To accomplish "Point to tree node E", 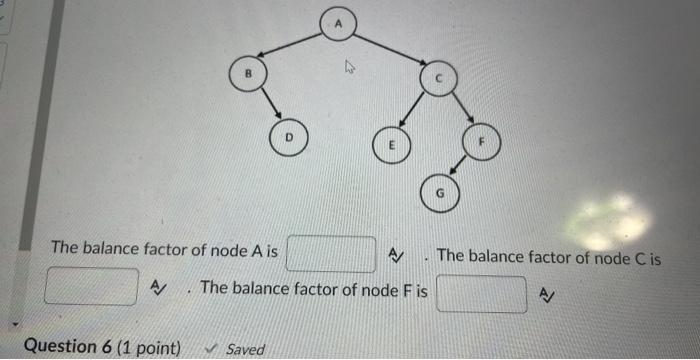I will point(392,143).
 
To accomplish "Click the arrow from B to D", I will point(269,104).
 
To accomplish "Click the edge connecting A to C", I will point(388,50).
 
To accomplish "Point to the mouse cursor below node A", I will point(350,69).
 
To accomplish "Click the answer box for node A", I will point(330,253).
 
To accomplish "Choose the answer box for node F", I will point(481,294).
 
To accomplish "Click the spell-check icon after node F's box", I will point(546,294).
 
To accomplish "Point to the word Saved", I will point(246,349).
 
